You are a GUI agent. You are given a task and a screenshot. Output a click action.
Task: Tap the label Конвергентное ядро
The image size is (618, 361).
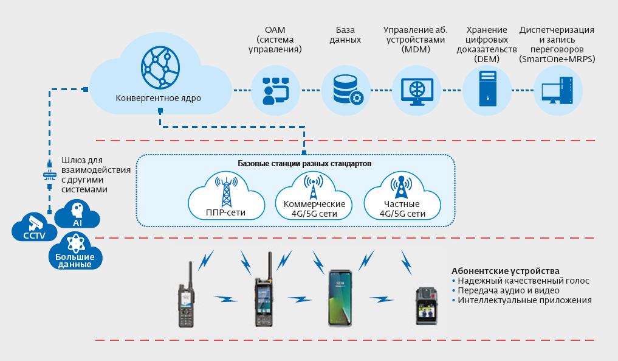[158, 97]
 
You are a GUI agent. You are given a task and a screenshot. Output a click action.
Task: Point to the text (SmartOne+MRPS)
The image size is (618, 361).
[557, 59]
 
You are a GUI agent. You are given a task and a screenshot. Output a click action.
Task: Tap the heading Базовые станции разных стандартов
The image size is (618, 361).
[304, 164]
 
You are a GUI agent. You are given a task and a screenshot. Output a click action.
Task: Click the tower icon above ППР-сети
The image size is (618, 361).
[227, 191]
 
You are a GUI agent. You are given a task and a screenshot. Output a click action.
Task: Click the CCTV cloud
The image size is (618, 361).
[34, 228]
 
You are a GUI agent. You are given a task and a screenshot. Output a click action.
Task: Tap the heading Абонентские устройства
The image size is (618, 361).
[505, 270]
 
